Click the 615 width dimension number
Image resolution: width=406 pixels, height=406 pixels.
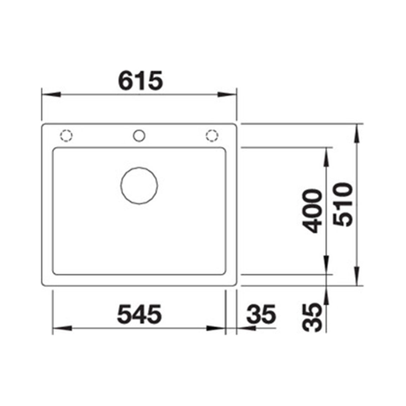point(140,80)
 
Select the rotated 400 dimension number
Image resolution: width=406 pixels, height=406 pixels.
point(312,211)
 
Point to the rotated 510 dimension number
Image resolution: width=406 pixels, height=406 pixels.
point(343,204)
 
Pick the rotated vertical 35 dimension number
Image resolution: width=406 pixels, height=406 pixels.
point(312,317)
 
